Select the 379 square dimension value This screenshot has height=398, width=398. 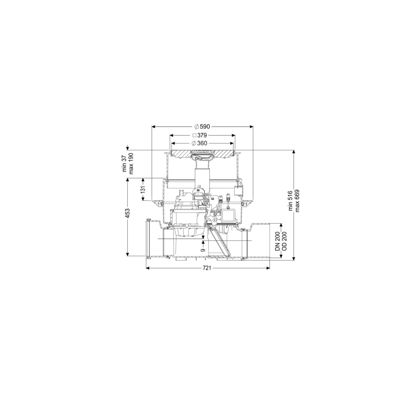[x=202, y=135]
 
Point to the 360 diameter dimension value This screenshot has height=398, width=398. [x=202, y=143]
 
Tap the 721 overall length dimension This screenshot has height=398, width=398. [x=207, y=268]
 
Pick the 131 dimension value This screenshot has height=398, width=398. [x=143, y=189]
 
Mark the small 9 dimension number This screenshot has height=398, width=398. [x=203, y=250]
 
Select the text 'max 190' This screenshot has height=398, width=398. [x=131, y=164]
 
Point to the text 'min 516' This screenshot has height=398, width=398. [x=291, y=201]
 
